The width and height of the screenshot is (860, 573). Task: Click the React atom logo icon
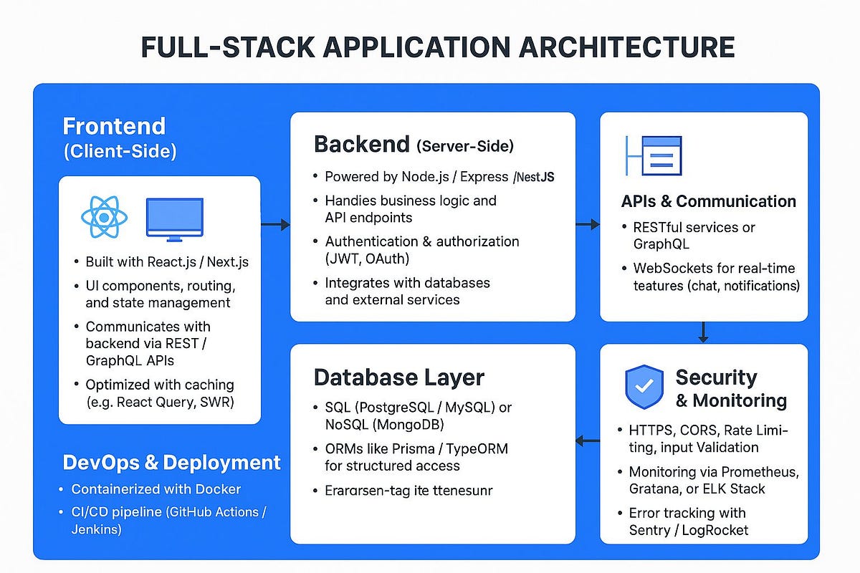coord(105,218)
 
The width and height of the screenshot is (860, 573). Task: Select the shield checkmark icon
coord(644,387)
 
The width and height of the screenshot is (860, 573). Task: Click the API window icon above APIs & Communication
coord(654,155)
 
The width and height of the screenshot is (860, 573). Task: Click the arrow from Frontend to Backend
coord(275,225)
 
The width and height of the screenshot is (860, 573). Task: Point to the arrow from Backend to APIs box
coord(587,225)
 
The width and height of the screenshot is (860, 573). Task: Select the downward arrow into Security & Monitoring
coord(703,332)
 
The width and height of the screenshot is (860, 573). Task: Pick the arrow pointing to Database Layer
coord(588,440)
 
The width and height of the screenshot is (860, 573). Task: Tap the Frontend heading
coord(114,126)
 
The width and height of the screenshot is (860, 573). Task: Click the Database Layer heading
coord(399,377)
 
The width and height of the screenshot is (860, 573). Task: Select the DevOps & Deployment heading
coord(171,463)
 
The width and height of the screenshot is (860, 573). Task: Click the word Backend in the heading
coord(361,144)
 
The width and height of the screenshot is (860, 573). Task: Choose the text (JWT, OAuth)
coord(367,259)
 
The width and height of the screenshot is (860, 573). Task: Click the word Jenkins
coord(96,530)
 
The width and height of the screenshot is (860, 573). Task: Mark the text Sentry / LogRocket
coord(688,530)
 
